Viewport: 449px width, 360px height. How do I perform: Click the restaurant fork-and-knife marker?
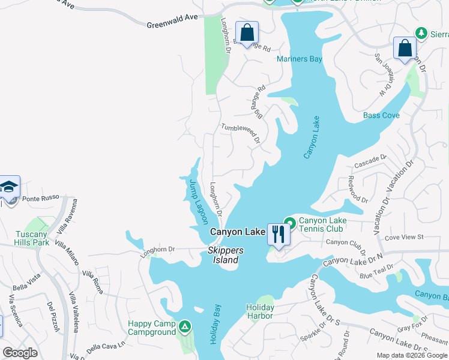[277, 233]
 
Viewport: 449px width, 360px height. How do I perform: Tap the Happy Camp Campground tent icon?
[185, 326]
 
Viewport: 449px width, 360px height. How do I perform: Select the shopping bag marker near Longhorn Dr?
[247, 32]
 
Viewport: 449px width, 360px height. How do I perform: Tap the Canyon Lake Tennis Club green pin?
[289, 223]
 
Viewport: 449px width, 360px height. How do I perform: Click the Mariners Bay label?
[300, 59]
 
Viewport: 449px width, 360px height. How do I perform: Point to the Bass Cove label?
[381, 115]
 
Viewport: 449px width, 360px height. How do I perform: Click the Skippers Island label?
[223, 255]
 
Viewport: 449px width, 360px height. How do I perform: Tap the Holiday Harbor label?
[260, 312]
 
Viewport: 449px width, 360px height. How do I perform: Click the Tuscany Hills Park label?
[32, 239]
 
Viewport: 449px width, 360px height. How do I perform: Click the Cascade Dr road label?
[370, 161]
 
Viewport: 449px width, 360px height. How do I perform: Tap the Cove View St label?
[404, 238]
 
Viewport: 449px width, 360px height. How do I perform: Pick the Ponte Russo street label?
[38, 199]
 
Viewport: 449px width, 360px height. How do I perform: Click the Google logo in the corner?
[20, 352]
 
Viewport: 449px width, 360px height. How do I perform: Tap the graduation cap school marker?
[9, 187]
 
